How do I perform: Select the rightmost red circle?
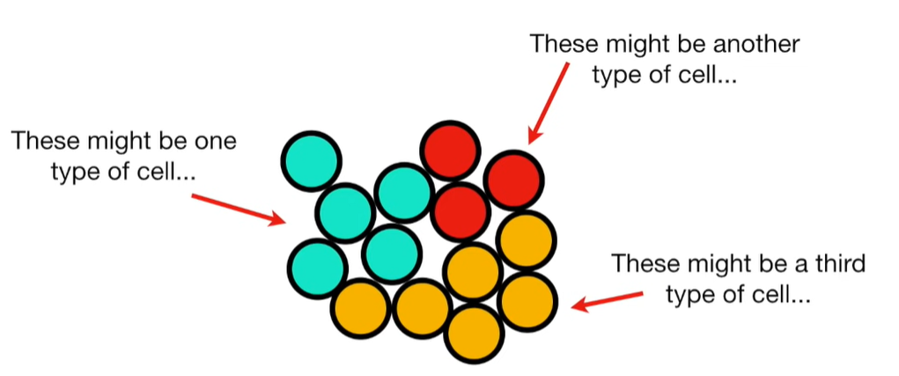[x=514, y=179]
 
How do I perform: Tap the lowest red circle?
[x=461, y=211]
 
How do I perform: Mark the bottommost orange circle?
[x=475, y=332]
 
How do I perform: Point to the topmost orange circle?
[x=526, y=240]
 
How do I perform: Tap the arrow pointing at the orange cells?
[x=608, y=297]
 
